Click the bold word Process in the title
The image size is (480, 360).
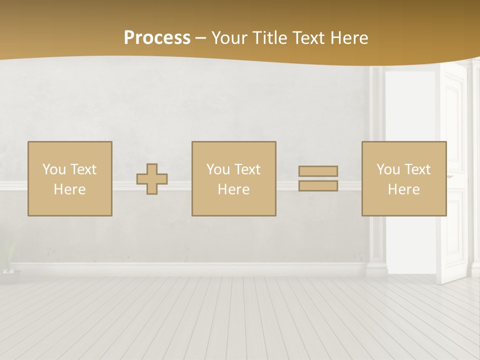(157, 38)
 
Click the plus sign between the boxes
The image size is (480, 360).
(152, 179)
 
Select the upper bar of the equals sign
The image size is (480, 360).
(318, 171)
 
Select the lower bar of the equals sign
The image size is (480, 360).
(318, 186)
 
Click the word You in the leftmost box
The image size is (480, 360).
(53, 169)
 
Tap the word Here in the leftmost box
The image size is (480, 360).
(69, 189)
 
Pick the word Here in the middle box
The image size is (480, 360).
(233, 189)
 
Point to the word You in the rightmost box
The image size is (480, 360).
(387, 169)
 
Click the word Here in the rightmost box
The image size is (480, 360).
(403, 189)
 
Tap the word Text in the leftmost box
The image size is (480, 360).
(83, 169)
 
